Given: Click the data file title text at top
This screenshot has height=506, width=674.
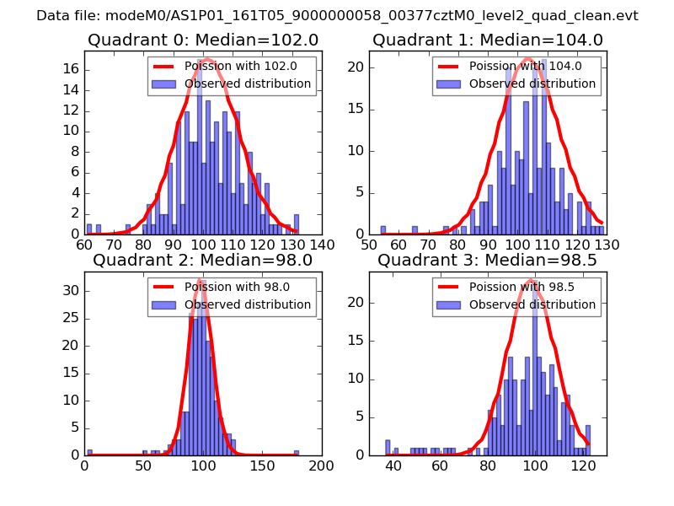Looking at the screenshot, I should point(337,16).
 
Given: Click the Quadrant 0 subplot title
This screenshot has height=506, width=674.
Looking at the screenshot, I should point(202,40).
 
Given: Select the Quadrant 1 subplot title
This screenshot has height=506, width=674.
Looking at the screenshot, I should point(488,40).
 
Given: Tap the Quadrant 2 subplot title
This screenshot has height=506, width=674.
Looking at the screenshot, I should point(202,260).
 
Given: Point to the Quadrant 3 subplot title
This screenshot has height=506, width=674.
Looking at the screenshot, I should point(488,260).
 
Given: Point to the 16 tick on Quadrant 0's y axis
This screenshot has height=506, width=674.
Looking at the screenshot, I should point(72,67).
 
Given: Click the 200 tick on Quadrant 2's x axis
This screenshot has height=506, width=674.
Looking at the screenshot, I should point(321,465).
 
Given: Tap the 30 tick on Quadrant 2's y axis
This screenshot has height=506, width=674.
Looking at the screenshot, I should point(72,291).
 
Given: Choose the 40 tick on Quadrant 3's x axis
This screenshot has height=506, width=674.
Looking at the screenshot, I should point(393,465).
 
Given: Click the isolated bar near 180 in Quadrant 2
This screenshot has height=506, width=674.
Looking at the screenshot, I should point(297,453).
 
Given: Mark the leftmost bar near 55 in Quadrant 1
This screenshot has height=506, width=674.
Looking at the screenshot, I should point(382,229).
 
